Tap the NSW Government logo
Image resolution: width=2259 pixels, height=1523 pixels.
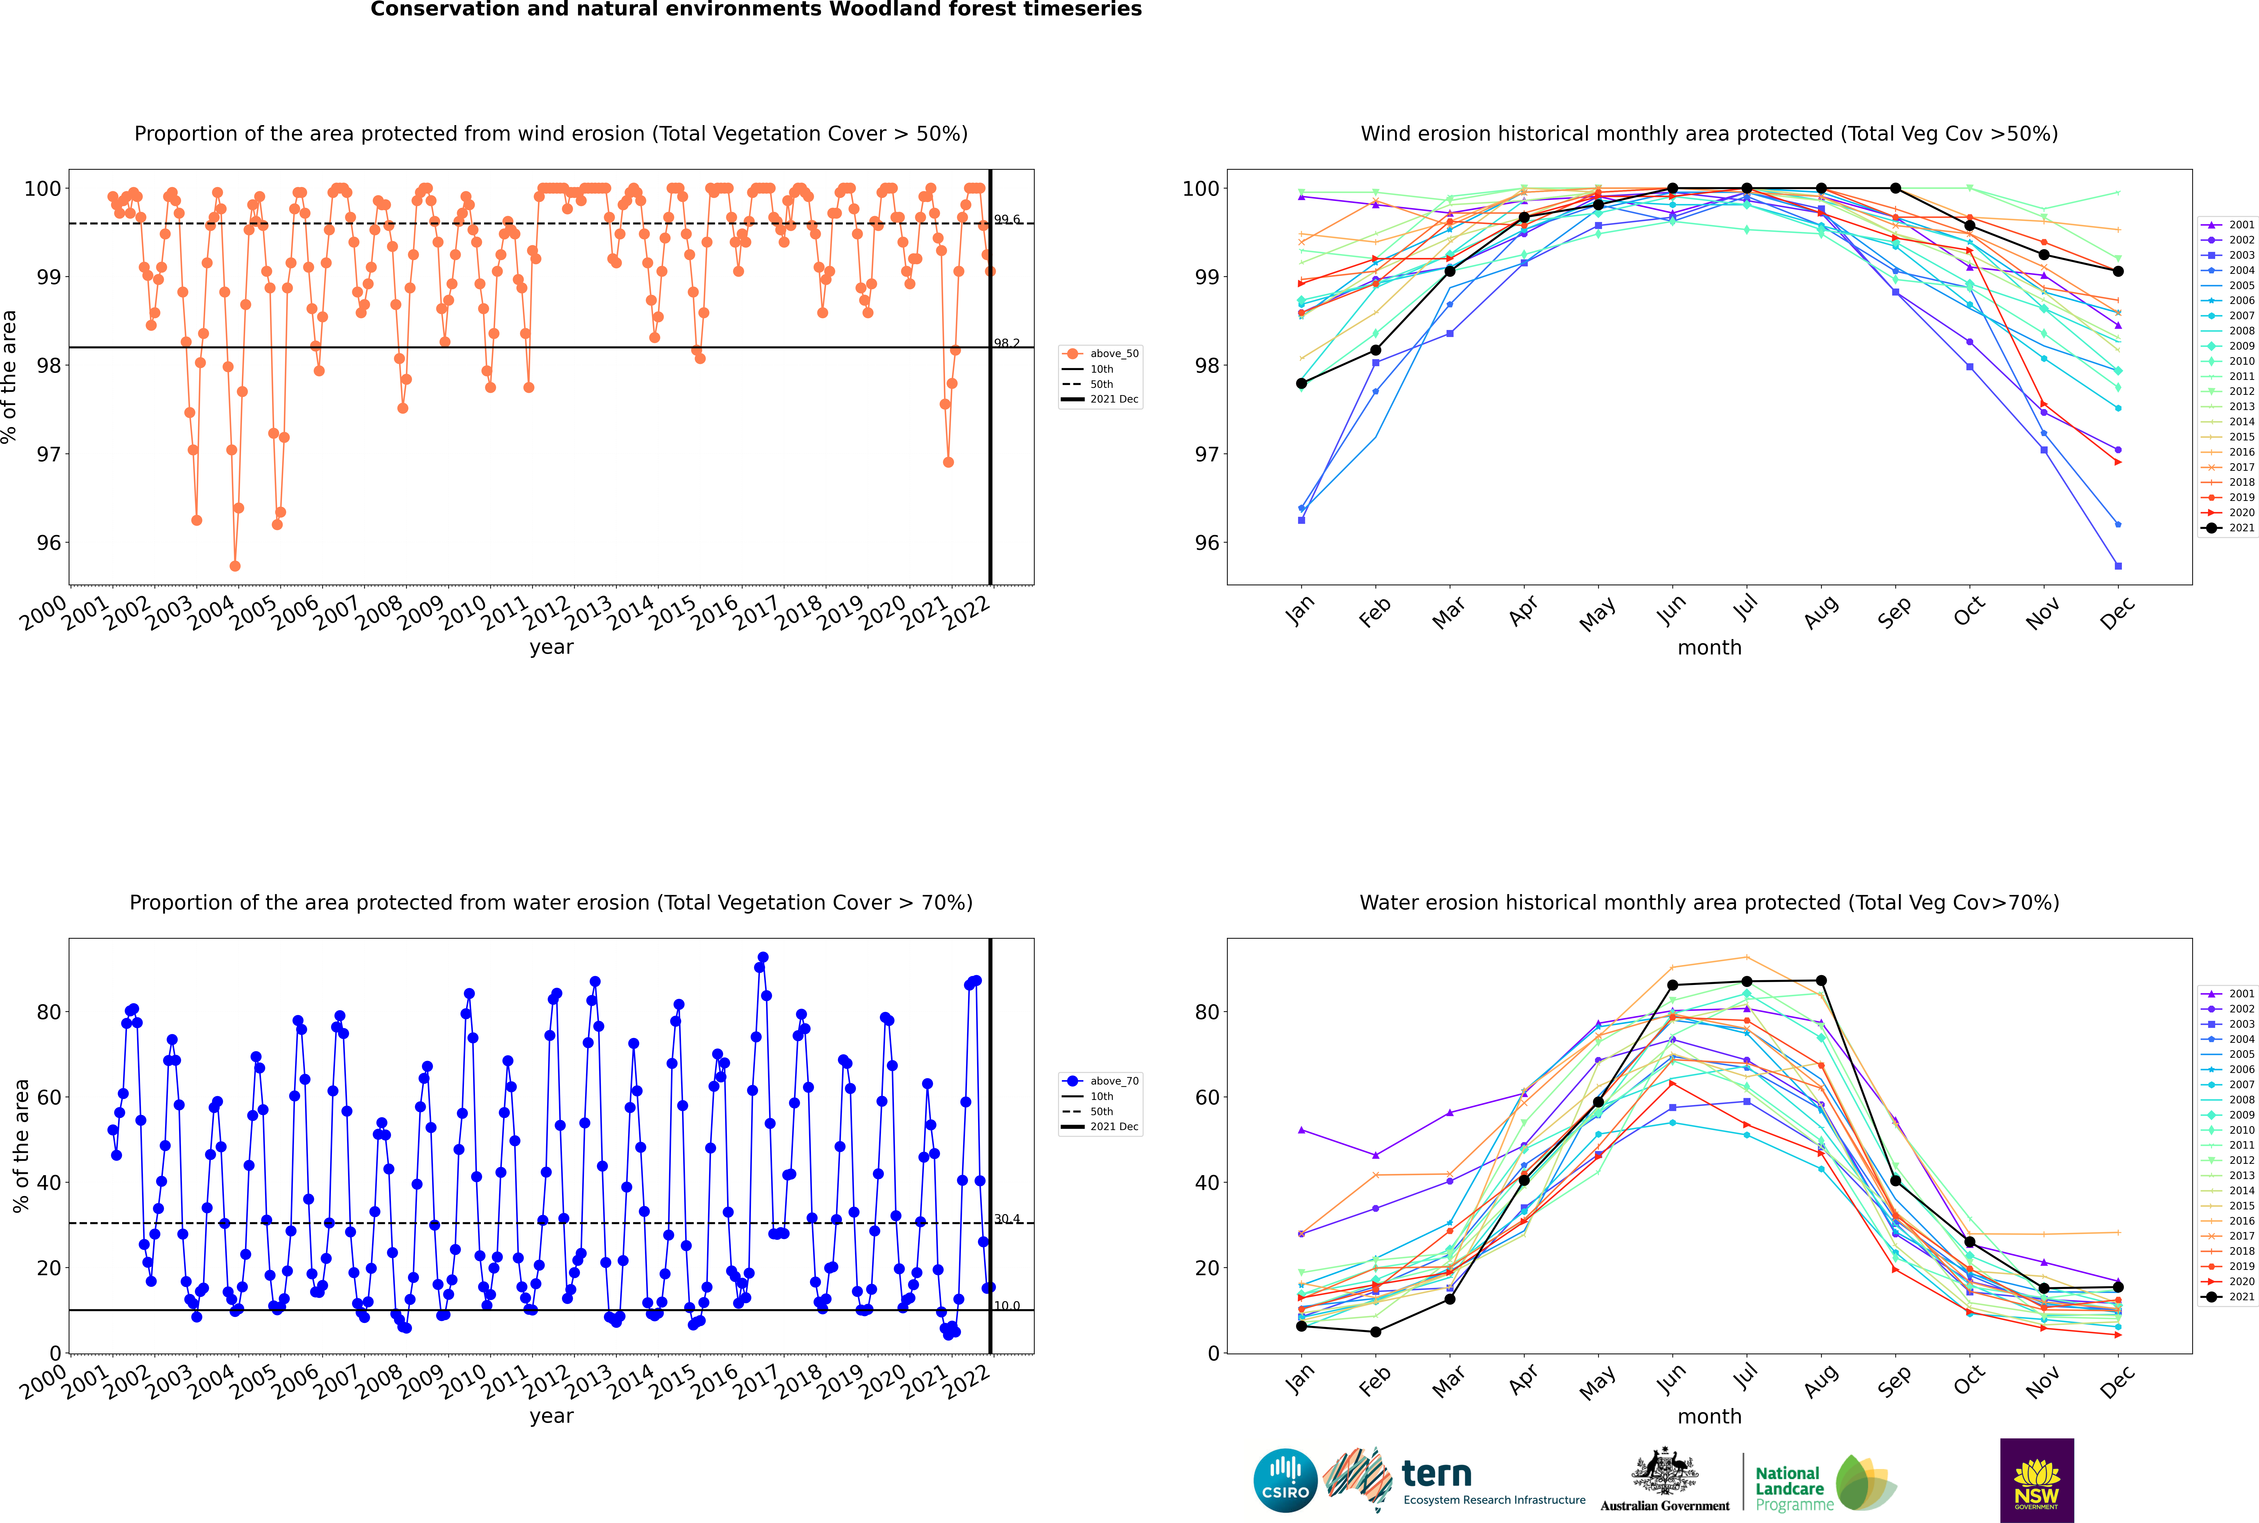point(2037,1479)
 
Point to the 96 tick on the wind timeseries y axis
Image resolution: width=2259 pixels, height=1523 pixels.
point(48,543)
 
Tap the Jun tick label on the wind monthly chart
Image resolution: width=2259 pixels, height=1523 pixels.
point(1670,610)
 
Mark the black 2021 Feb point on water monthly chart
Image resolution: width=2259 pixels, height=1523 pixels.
point(1375,1332)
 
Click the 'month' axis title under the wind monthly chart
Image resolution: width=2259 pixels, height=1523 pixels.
point(1709,648)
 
